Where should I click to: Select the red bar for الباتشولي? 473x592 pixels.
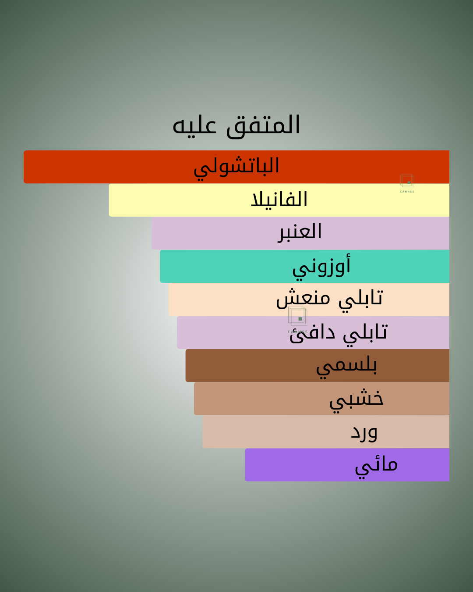coord(236,167)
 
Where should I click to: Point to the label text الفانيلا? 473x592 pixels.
coord(279,199)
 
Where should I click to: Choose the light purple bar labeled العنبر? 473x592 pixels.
coord(300,233)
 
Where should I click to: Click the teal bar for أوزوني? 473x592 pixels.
coord(304,266)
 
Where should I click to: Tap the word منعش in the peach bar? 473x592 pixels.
coord(303,298)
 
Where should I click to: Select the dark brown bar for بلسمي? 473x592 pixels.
coord(318,365)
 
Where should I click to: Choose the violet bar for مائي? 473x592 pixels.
coord(347,465)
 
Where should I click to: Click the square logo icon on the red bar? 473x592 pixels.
coord(407,181)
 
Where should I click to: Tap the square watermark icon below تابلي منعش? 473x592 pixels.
coord(298,316)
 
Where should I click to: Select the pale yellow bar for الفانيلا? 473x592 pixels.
coord(279,200)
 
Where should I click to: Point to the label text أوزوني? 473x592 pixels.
coord(321,267)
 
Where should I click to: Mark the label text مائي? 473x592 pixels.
coord(376,467)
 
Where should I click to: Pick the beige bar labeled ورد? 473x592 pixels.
coord(326,432)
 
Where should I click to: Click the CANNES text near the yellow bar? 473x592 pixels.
coord(407,192)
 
